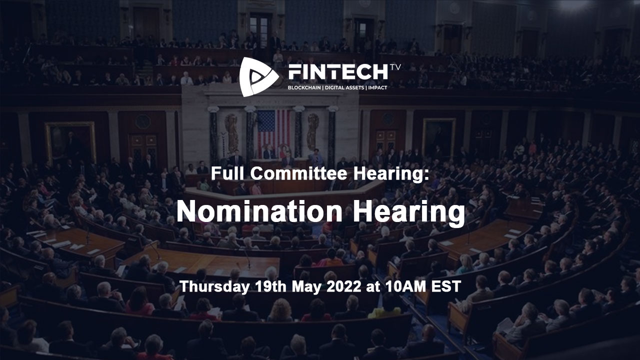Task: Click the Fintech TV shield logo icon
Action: (x=257, y=76)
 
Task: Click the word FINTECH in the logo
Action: (x=338, y=72)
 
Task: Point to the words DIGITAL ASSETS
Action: (x=344, y=88)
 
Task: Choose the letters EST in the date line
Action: (x=447, y=287)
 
